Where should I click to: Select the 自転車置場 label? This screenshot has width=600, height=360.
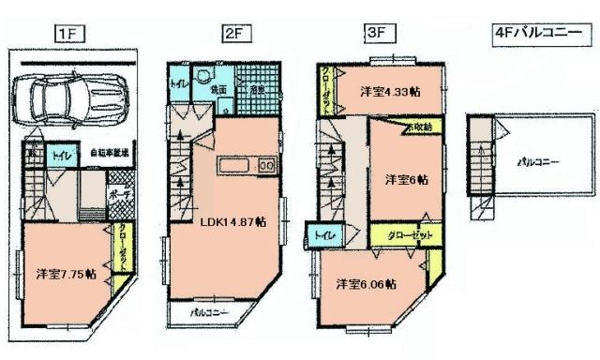(x=110, y=152)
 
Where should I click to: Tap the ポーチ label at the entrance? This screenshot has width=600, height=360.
(x=120, y=194)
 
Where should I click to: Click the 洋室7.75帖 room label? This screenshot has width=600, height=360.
(x=67, y=274)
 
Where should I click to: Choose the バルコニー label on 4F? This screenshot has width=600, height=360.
(x=538, y=161)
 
